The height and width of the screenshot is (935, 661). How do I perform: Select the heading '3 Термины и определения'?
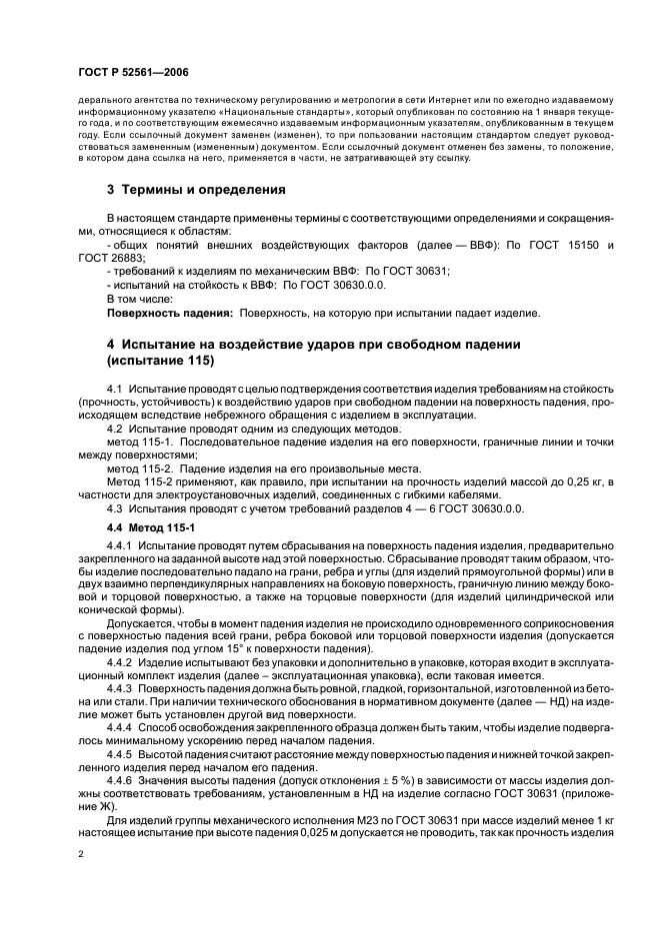[x=196, y=189]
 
